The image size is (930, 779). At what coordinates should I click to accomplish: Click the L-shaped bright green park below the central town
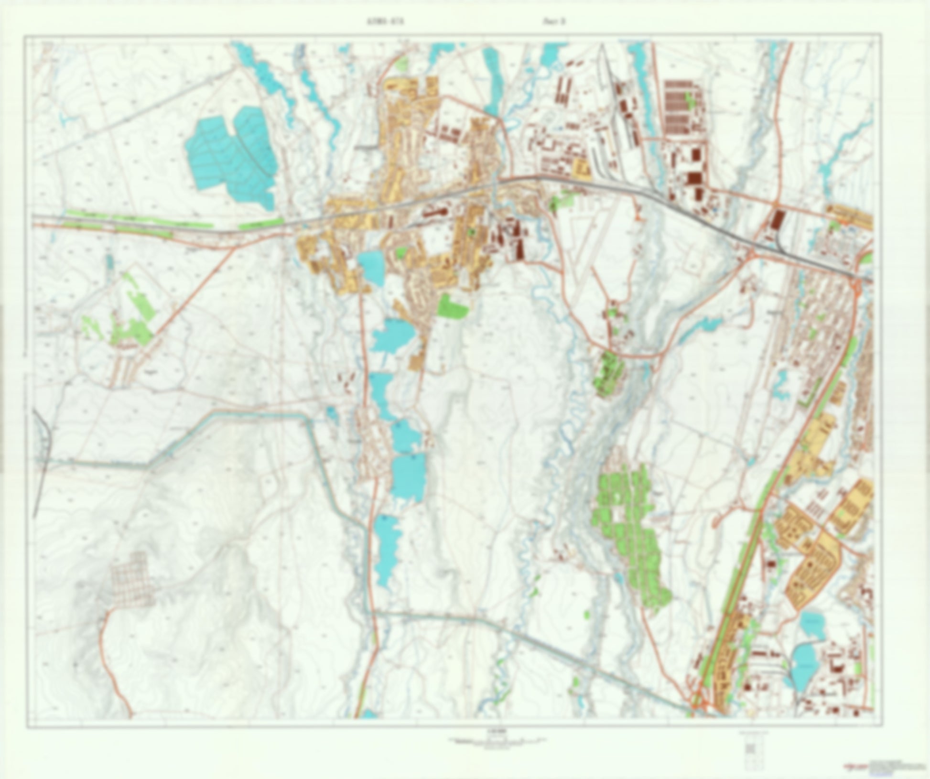point(451,306)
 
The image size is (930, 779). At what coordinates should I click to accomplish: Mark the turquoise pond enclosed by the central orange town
point(370,268)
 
